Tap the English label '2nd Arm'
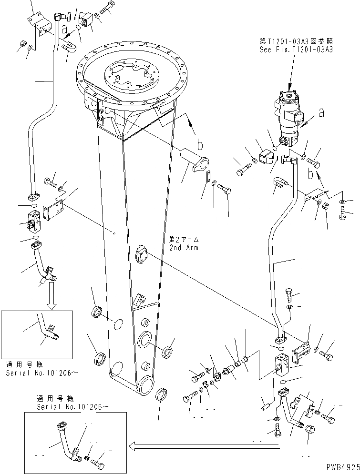pos(183,248)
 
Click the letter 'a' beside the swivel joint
pos(321,112)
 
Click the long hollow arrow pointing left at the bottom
pos(205,446)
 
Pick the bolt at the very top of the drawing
pos(107,8)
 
